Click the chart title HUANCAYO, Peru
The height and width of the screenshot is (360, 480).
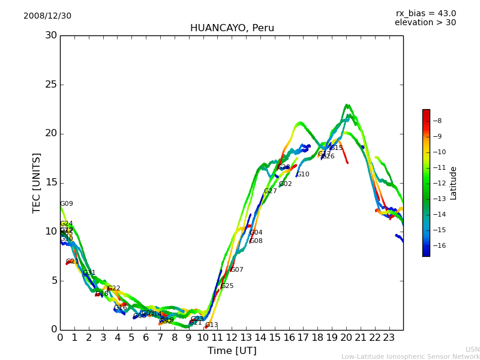[232, 28]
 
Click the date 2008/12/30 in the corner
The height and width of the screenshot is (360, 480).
[47, 16]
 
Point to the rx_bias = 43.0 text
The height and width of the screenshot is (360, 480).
[425, 14]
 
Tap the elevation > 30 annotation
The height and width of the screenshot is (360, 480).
[425, 23]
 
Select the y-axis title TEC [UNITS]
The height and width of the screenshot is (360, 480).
[37, 182]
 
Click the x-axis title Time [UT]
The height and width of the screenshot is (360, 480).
[232, 351]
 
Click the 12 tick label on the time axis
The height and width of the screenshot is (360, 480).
[232, 338]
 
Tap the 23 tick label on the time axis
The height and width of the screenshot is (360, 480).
[389, 338]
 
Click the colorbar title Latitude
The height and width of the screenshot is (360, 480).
[454, 182]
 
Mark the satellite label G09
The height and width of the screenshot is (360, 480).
[67, 204]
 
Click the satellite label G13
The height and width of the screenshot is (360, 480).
[212, 325]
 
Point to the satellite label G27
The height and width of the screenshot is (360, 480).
[271, 191]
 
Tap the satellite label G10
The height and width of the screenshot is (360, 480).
[303, 175]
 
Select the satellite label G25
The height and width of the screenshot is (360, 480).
[227, 286]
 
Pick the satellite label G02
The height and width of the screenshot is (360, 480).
[286, 184]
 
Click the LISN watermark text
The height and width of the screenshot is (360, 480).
[472, 349]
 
